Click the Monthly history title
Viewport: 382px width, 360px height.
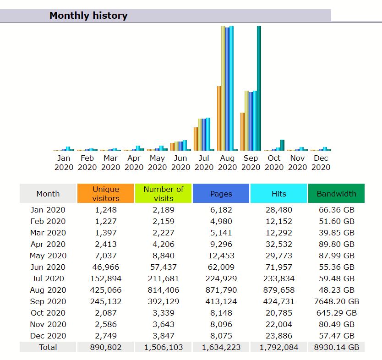coord(88,16)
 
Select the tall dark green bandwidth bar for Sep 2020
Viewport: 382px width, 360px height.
coord(259,88)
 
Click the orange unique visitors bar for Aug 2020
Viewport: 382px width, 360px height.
coord(219,118)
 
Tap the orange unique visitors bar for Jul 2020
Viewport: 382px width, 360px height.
coord(196,138)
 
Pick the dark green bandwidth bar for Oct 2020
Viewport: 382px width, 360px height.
coord(282,145)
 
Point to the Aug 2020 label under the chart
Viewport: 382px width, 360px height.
coord(227,163)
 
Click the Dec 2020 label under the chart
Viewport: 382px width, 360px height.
coord(321,163)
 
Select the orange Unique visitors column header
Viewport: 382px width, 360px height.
coord(106,193)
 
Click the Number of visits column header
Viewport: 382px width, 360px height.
coord(164,193)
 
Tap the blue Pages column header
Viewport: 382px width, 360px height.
coord(221,193)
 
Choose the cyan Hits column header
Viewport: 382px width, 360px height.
coord(278,193)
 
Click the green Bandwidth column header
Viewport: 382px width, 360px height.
coord(336,193)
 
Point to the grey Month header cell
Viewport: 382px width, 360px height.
coord(48,193)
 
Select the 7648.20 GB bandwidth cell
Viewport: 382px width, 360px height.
coord(336,301)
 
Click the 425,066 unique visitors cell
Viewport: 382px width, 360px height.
coord(106,290)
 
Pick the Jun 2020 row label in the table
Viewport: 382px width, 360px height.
coord(48,267)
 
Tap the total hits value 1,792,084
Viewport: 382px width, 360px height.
coord(278,347)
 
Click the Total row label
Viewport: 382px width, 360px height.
coord(48,347)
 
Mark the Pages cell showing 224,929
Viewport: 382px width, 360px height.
coord(221,278)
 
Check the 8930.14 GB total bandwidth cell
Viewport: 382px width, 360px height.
coord(336,347)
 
